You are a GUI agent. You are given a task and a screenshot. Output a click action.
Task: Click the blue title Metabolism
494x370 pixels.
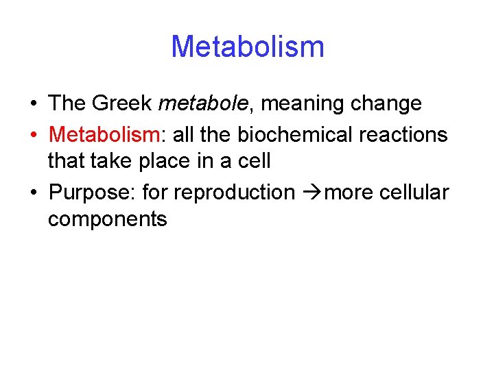point(247,47)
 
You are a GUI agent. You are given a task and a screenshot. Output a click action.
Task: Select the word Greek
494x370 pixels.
point(121,104)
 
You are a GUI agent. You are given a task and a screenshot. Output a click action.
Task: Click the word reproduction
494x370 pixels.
point(233,193)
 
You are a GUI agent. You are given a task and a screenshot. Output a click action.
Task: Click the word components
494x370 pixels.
point(108,220)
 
